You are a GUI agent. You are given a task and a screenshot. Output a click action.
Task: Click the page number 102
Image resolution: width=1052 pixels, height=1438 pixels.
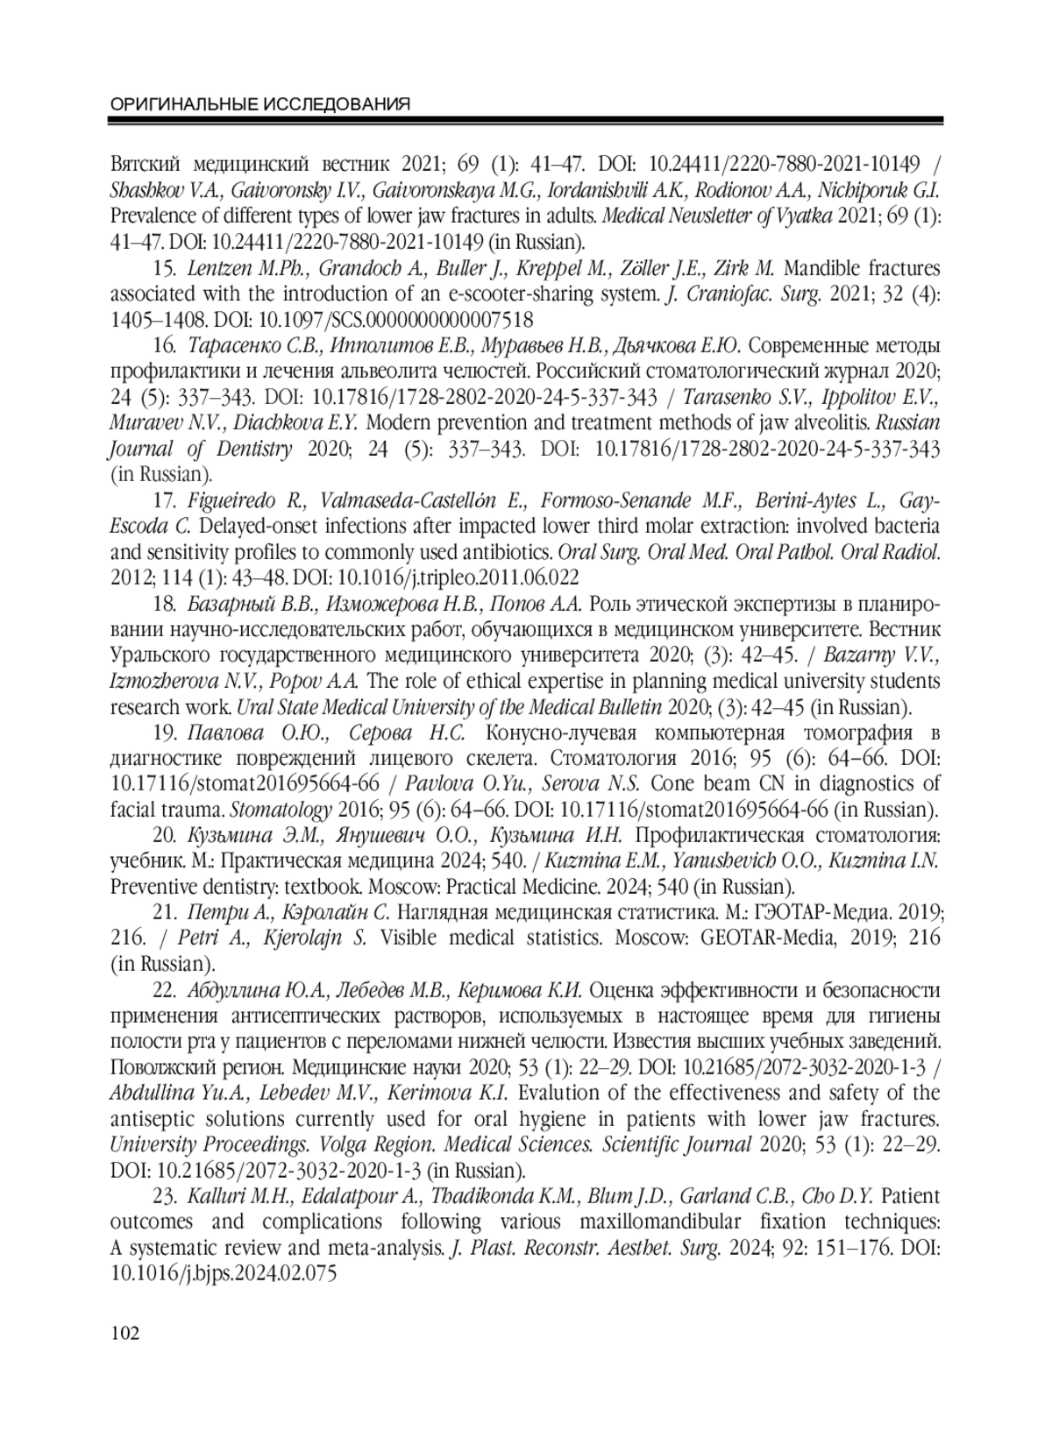[125, 1334]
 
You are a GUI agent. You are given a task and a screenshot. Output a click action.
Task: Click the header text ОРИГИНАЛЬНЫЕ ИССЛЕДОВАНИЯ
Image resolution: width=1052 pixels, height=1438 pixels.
[260, 105]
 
